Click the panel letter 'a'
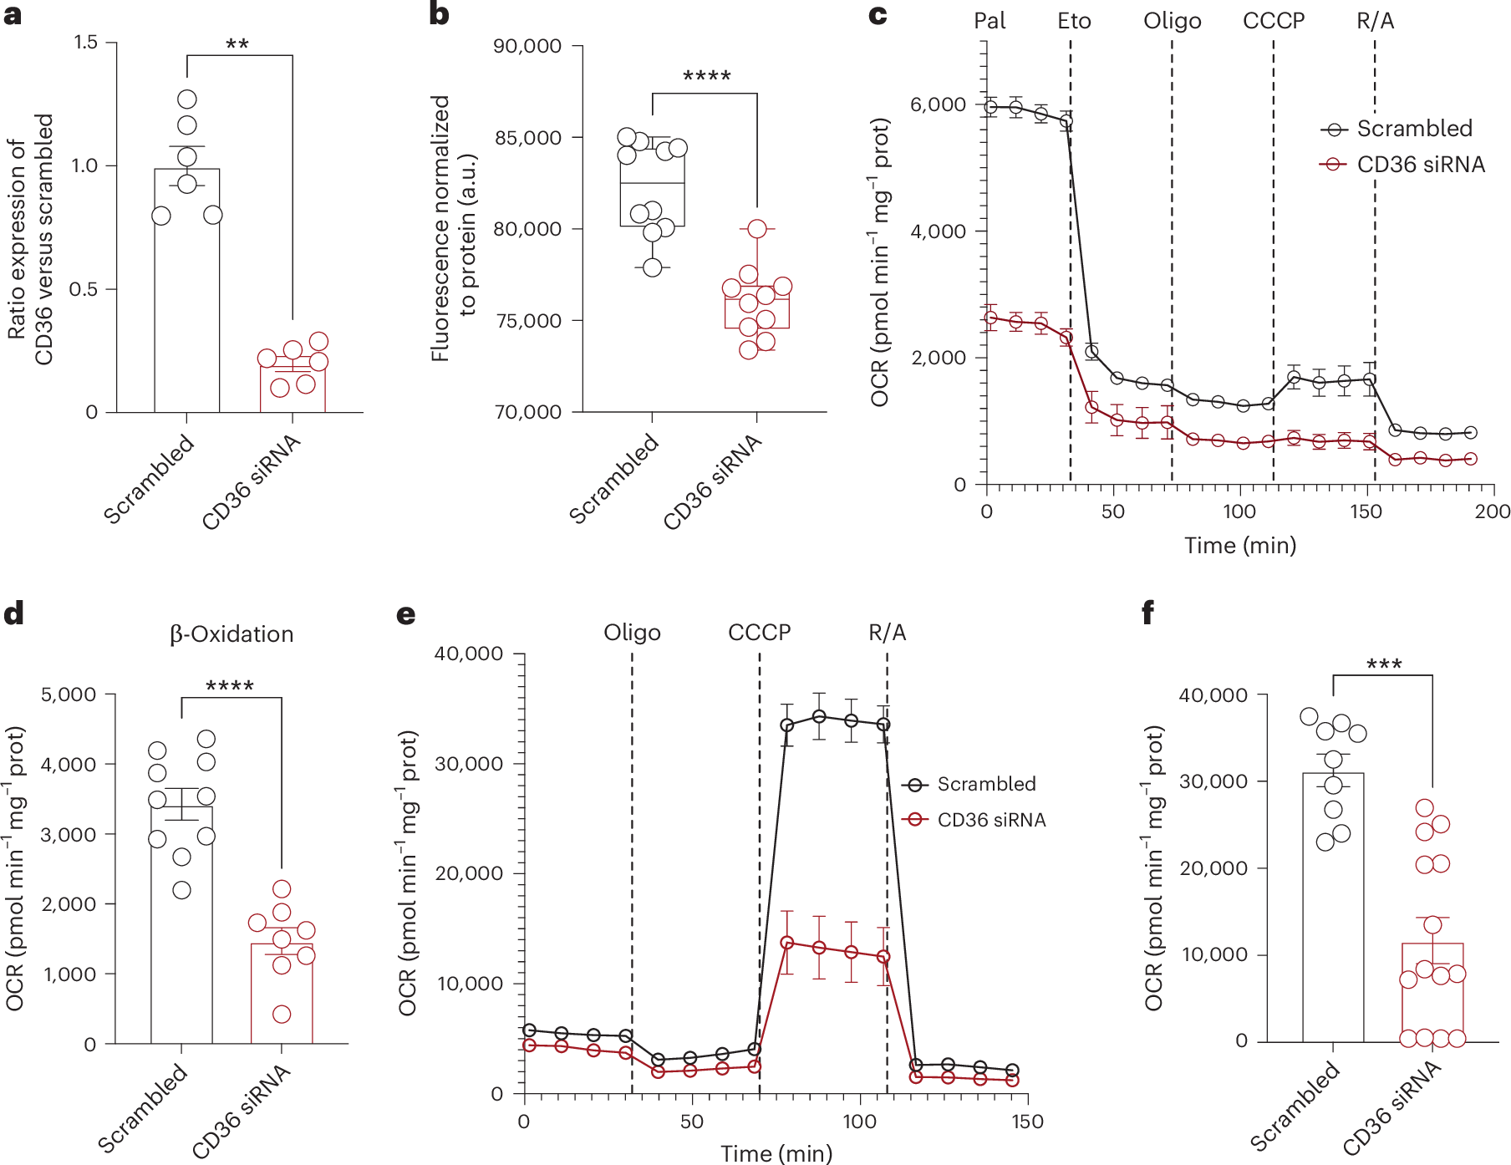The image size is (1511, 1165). click(13, 15)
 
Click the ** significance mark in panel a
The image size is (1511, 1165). click(237, 44)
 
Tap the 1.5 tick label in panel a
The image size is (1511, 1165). click(85, 43)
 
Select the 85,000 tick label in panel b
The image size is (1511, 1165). click(527, 138)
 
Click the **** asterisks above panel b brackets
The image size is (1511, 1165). click(706, 77)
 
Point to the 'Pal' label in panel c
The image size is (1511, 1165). click(990, 21)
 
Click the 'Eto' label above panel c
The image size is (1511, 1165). click(1074, 21)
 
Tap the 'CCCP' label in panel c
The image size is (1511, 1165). click(1273, 21)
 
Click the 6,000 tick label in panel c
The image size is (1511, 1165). click(938, 105)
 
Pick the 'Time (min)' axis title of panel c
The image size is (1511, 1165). click(1240, 546)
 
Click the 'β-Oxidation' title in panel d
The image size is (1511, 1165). click(231, 634)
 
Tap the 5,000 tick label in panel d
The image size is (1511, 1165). click(69, 694)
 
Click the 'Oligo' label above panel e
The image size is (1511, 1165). click(632, 633)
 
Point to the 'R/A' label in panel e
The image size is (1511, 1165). click(887, 633)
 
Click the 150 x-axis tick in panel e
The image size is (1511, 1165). click(1027, 1122)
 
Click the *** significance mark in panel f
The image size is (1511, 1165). click(1383, 665)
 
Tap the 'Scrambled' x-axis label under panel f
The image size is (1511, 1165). click(1295, 1106)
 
